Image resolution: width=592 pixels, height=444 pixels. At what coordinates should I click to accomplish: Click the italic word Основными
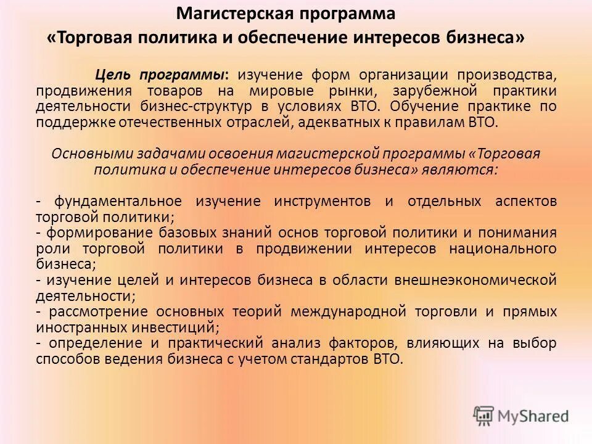pos(91,154)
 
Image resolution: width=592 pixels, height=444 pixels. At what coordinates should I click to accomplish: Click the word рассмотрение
pos(97,311)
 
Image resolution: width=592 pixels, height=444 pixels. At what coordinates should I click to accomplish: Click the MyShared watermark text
pos(533,416)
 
